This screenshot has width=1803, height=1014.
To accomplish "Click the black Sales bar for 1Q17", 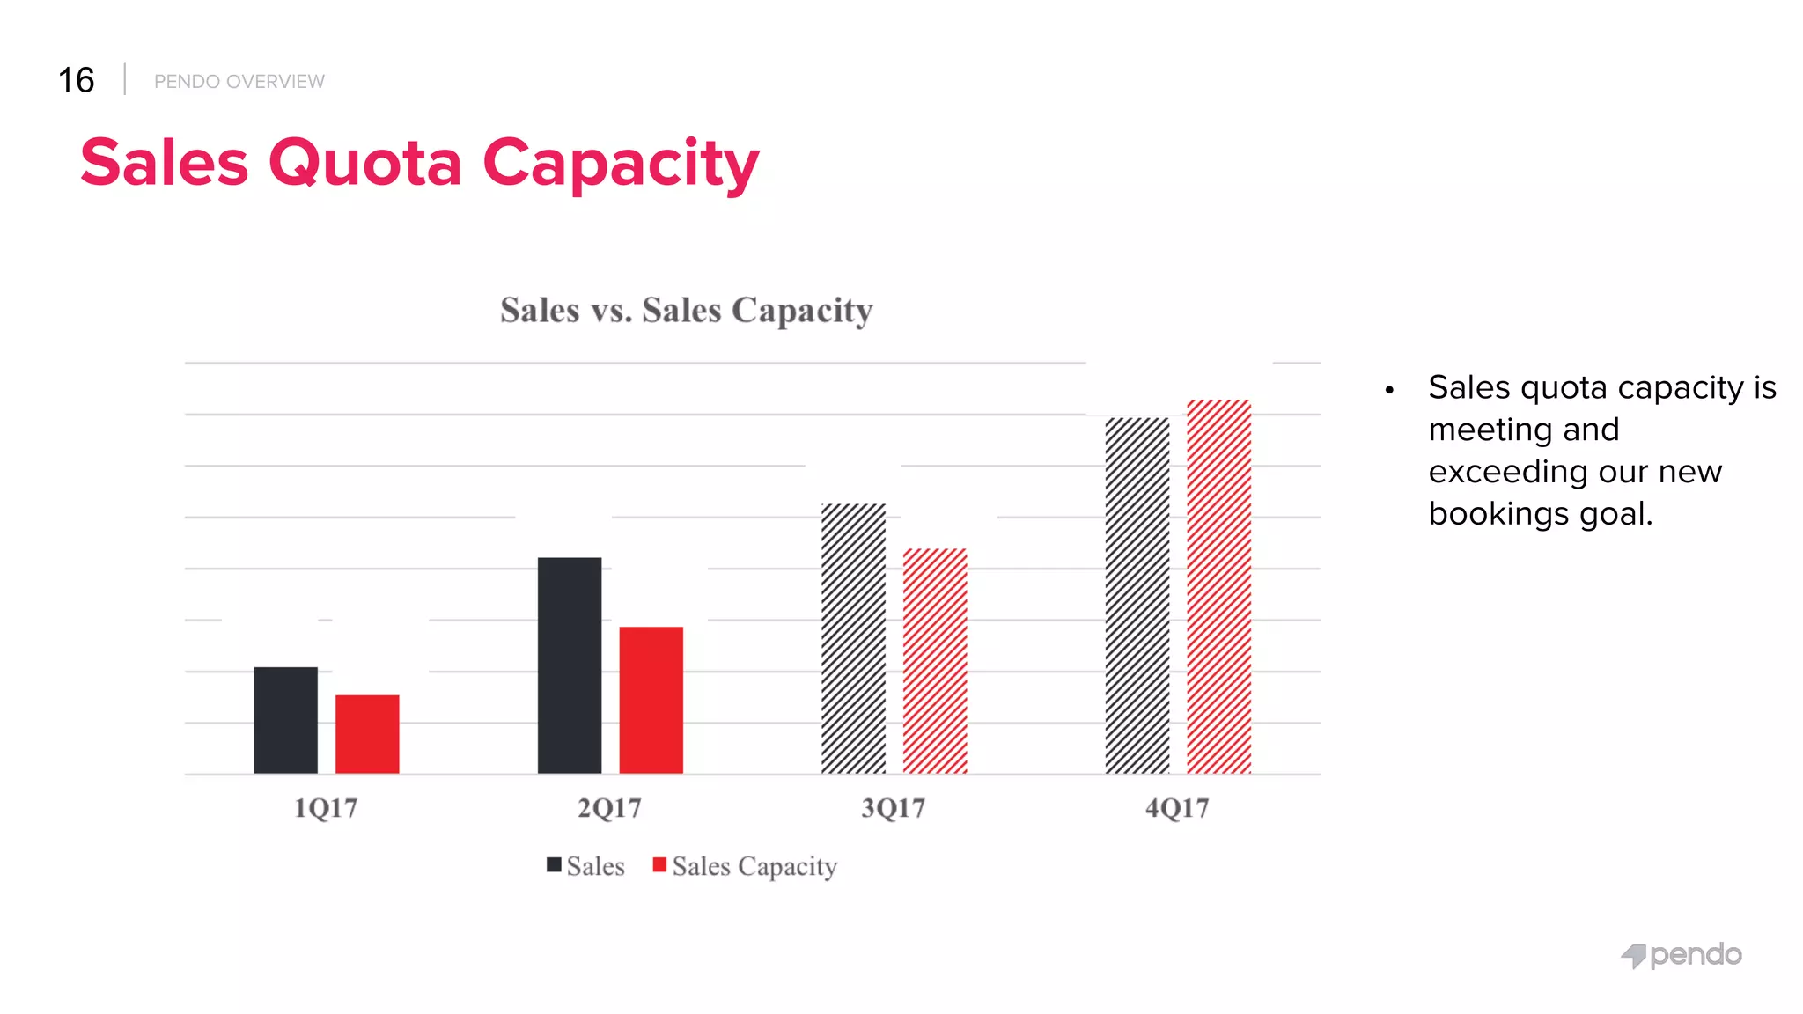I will [285, 720].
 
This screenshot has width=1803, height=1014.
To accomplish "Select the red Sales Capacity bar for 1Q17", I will [367, 734].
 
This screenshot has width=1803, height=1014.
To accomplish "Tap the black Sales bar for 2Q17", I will [570, 665].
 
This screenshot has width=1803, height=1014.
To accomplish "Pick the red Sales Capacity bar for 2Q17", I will [651, 700].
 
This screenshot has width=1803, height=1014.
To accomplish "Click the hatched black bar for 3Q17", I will [853, 638].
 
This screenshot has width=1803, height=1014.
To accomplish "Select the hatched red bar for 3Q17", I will [935, 661].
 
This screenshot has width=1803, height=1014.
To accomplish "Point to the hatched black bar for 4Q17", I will [1137, 595].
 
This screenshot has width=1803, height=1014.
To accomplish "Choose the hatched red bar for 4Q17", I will [1218, 586].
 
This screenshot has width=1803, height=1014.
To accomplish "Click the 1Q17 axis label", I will [326, 808].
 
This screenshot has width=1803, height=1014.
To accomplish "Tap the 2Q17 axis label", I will [609, 808].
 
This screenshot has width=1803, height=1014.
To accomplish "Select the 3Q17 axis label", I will [893, 808].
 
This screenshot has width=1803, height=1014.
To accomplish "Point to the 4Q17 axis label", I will [1177, 808].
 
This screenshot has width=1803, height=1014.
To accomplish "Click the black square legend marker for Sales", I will [554, 865].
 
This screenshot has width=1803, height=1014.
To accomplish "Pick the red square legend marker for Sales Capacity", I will [659, 865].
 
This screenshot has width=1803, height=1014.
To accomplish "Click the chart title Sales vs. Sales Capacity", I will [686, 311].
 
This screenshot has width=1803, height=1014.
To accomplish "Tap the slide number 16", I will [76, 80].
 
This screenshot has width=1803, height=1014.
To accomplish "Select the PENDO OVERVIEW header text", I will [239, 82].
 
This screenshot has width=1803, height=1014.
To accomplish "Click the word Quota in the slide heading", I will [364, 163].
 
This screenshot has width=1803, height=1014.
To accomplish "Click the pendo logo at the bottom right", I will [1681, 955].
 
